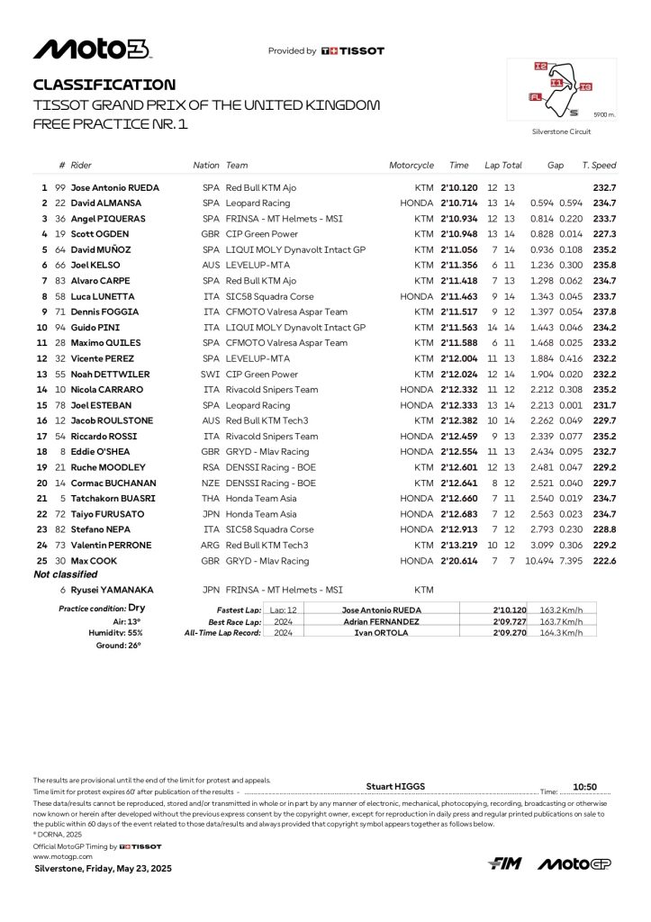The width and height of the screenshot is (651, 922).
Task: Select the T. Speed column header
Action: [x=599, y=166]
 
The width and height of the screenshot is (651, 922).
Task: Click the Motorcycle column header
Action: [x=411, y=166]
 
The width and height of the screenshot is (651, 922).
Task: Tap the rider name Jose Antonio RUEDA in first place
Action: [x=114, y=188]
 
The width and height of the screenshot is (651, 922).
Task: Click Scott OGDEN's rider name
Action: [x=100, y=234]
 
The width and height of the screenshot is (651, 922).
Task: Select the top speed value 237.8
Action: [x=603, y=312]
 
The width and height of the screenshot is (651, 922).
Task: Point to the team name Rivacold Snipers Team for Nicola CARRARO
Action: [x=272, y=389]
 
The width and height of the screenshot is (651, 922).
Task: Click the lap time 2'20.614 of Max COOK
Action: [x=459, y=560]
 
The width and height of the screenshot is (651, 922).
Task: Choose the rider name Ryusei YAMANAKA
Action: [x=112, y=590]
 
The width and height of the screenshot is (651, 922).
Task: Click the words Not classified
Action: [x=65, y=574]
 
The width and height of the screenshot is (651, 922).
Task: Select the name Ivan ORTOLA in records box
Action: [x=382, y=633]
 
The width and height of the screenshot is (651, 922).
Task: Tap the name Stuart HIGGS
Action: [x=393, y=785]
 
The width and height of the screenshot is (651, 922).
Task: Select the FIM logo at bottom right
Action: [x=505, y=863]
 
